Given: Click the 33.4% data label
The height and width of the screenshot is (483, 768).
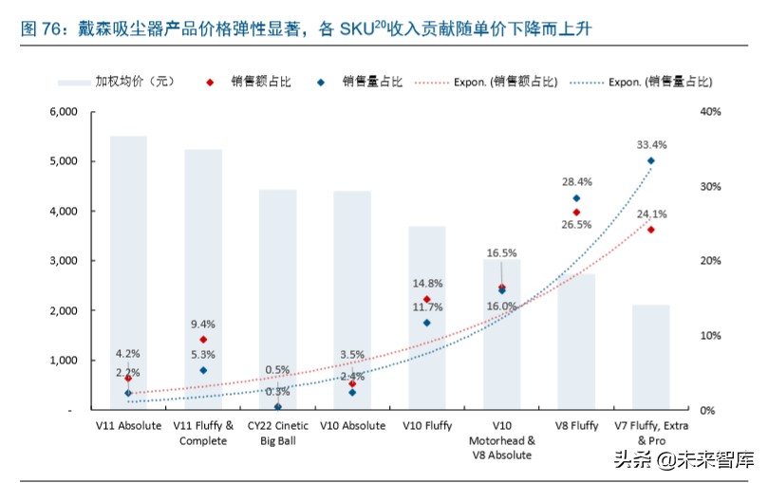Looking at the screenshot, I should (x=651, y=145).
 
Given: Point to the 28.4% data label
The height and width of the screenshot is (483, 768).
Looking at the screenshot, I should (x=577, y=181).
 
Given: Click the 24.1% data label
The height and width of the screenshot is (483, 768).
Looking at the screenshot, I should (x=651, y=214).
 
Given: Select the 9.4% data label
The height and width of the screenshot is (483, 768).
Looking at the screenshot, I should (x=203, y=324).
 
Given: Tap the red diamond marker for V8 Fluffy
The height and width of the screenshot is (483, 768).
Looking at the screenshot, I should (x=576, y=212).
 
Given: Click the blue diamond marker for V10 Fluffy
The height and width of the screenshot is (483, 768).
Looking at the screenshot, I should (x=427, y=323).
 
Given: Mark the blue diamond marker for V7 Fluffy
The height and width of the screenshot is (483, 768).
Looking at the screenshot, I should (x=651, y=160).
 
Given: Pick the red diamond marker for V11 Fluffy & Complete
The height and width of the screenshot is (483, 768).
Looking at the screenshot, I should (x=203, y=339).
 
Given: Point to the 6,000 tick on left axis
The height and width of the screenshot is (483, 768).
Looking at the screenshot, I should (x=61, y=112).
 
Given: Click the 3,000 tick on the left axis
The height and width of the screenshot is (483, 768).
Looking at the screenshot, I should (x=61, y=261).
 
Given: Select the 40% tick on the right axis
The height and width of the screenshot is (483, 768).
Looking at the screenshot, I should (x=711, y=112).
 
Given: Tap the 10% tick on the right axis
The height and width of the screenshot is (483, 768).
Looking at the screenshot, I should (x=711, y=336).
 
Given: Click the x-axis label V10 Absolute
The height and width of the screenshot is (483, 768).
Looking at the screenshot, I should (x=352, y=426).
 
